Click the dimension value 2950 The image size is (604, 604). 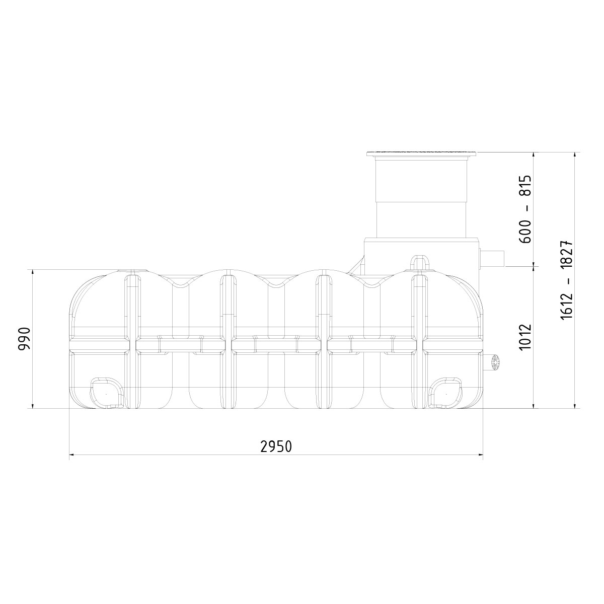click(276, 446)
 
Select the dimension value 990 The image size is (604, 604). click(24, 339)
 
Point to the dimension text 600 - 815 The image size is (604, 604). click(525, 209)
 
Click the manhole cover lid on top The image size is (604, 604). click(421, 154)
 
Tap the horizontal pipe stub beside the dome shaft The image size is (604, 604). click(492, 259)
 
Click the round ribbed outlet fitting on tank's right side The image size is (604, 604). click(494, 362)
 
